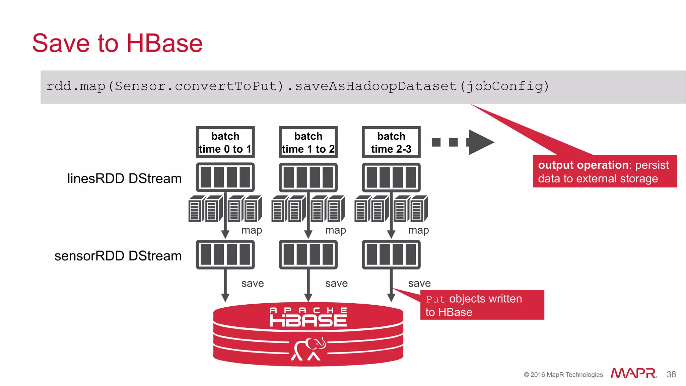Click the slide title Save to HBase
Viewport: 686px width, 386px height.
click(x=117, y=44)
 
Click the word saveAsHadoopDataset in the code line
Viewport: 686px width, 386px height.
click(x=375, y=86)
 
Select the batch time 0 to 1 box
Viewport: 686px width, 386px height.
click(x=225, y=142)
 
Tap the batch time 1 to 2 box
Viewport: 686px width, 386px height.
click(x=308, y=142)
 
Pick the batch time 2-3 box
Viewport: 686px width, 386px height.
click(x=391, y=142)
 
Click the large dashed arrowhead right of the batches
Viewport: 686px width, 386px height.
click(x=480, y=142)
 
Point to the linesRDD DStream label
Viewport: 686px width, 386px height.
click(x=124, y=178)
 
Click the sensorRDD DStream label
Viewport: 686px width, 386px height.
click(x=118, y=256)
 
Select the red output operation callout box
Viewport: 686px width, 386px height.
click(x=605, y=171)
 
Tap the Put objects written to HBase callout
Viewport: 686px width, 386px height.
click(x=482, y=305)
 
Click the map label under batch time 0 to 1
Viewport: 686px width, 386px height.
click(x=252, y=230)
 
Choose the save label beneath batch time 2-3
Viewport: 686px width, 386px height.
click(x=419, y=284)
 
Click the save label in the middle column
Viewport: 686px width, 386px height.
click(x=336, y=284)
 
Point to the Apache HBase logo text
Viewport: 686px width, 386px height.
click(x=308, y=317)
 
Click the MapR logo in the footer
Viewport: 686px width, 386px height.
click(x=633, y=373)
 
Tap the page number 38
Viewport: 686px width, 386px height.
click(x=671, y=374)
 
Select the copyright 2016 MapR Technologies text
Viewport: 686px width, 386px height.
click(x=563, y=375)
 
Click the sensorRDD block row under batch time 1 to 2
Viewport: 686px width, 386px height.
click(x=308, y=254)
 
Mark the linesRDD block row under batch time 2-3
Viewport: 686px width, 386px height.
click(x=391, y=177)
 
